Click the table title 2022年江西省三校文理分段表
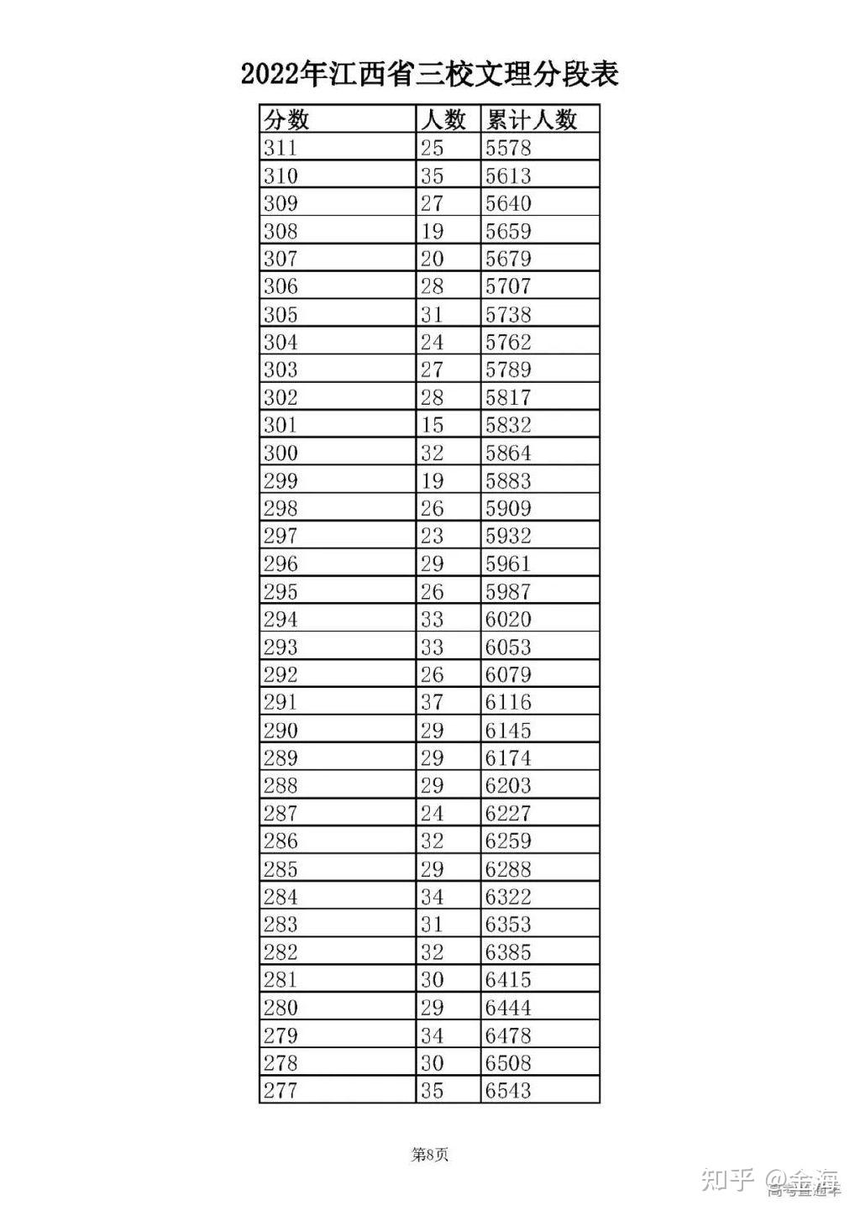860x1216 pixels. coord(430,75)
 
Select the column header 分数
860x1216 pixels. coord(286,120)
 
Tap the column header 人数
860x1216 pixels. coord(443,120)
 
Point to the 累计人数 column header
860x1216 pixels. coord(531,120)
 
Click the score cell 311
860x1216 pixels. coord(281,148)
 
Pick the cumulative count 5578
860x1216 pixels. coord(508,148)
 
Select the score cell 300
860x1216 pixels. coord(281,453)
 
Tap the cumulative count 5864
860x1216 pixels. coord(508,453)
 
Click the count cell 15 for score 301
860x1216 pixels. coord(432,425)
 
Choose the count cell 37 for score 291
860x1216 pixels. coord(432,702)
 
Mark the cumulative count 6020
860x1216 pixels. coord(508,619)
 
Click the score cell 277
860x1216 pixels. coord(281,1090)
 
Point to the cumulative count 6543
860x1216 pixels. coord(508,1090)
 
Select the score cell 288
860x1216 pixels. coord(281,785)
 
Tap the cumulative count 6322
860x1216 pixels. coord(508,896)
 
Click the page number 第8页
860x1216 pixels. coord(430,1155)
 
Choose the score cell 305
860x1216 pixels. coord(281,314)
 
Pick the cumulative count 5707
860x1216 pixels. coord(508,286)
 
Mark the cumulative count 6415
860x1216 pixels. coord(508,979)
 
